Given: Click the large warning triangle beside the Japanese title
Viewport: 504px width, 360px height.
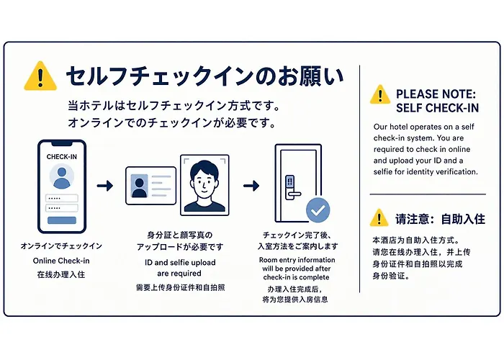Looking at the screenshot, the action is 40,76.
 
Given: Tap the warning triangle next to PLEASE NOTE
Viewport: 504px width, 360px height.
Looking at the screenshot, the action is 380,94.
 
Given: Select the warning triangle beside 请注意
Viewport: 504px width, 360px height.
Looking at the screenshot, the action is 379,217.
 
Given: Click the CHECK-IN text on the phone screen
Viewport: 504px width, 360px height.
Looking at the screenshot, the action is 62,157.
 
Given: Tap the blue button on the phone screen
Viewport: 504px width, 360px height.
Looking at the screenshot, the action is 62,220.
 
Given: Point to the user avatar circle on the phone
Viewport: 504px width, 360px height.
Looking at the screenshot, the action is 62,176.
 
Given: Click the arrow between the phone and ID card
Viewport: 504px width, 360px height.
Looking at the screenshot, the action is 105,186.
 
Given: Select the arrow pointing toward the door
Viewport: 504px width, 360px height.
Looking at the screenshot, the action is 251,186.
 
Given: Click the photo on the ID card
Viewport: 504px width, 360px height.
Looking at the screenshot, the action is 140,186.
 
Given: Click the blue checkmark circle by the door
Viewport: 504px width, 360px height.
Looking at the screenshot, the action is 318,210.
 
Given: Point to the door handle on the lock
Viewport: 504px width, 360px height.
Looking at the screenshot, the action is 294,194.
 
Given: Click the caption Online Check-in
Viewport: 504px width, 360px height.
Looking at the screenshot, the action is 61,261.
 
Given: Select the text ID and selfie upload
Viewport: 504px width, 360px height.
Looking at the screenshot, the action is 180,263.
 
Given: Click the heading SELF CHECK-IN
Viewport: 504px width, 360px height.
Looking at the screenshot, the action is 437,108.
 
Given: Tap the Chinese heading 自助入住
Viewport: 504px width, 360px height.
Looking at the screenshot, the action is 463,219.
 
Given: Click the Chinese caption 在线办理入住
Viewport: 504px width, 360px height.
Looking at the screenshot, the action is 61,274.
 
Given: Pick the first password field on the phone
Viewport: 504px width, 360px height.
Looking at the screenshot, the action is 62,198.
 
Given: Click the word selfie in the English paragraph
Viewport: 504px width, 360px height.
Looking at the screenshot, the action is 383,171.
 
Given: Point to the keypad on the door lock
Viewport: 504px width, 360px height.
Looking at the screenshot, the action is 290,181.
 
